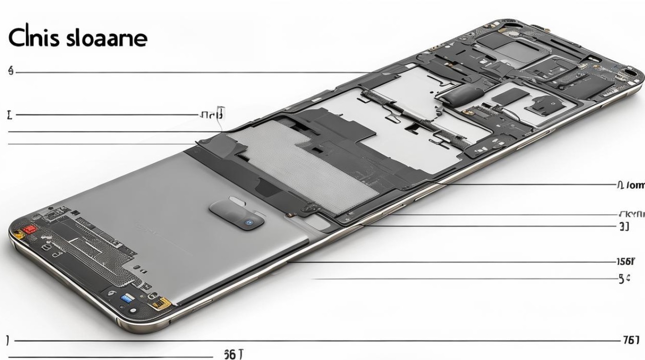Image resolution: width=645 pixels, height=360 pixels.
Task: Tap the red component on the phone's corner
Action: pyautogui.click(x=31, y=229)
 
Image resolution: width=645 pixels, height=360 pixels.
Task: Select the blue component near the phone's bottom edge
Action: pyautogui.click(x=127, y=298)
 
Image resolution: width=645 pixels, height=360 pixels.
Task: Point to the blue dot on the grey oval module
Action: pyautogui.click(x=249, y=222)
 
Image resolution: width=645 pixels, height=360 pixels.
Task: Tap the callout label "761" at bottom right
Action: pyautogui.click(x=631, y=340)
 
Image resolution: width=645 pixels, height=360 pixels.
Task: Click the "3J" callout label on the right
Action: pyautogui.click(x=624, y=227)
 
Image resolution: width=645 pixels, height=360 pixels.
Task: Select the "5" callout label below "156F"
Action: pyautogui.click(x=624, y=278)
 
